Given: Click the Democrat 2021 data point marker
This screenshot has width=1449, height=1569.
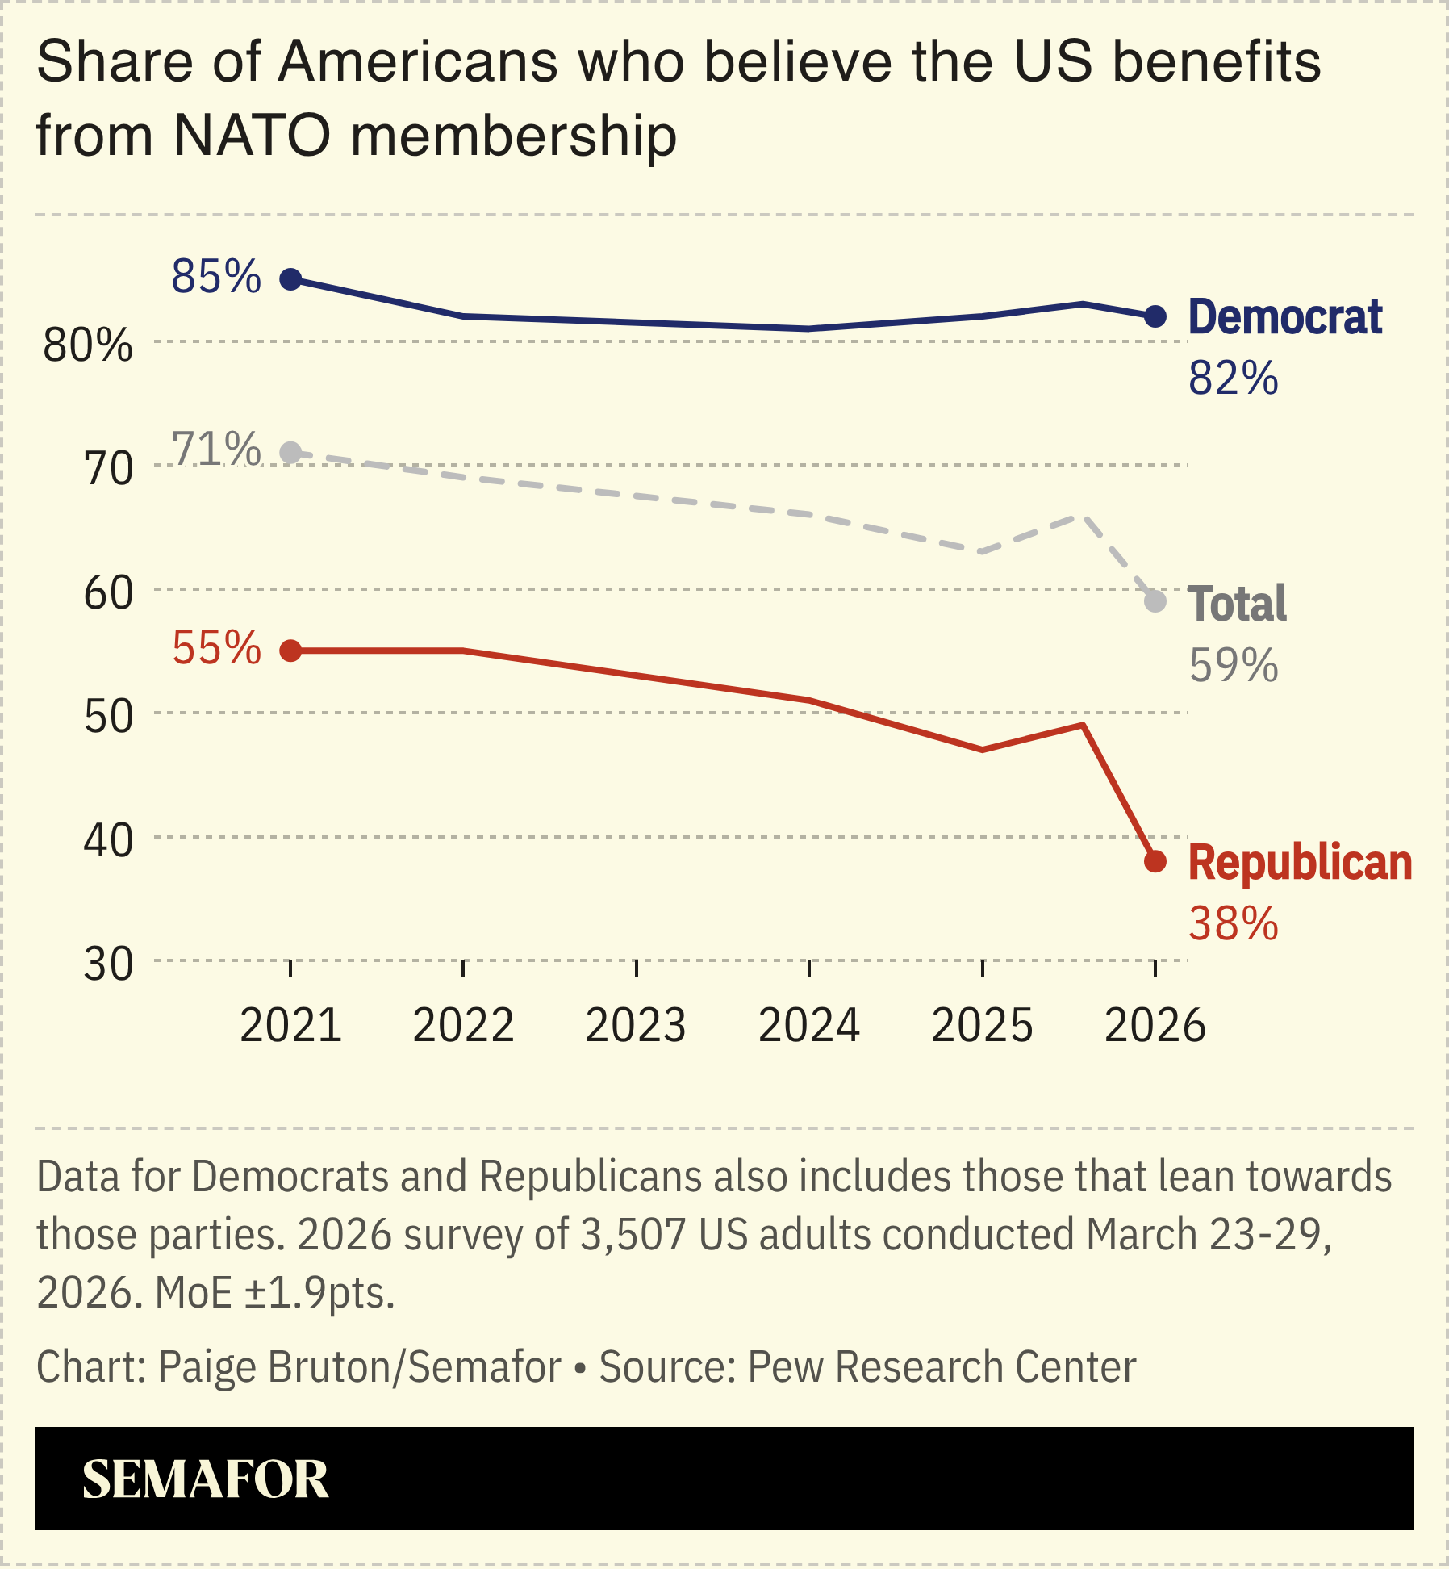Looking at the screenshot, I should (290, 279).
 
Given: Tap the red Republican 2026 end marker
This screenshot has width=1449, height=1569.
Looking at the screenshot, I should (1155, 861).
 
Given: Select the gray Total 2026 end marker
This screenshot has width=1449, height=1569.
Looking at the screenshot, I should (1155, 601).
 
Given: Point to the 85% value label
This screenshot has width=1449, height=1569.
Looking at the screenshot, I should (216, 277).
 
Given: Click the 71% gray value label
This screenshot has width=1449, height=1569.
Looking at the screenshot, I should (216, 450).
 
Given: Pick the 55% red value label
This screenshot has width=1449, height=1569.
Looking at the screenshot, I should (216, 648).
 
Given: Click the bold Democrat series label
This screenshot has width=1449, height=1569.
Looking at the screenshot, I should (1284, 317).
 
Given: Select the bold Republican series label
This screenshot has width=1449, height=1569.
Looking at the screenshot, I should (1300, 863).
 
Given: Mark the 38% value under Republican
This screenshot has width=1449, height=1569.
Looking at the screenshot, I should (1233, 924).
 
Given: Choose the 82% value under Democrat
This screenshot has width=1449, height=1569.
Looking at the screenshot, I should (1233, 378).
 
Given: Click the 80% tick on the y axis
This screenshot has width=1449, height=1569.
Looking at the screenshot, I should (87, 345).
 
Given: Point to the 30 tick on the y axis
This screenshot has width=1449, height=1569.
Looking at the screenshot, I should (108, 964).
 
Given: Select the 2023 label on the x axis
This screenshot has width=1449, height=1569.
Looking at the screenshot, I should (636, 1026).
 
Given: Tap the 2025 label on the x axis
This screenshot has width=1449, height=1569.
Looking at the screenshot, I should (982, 1026).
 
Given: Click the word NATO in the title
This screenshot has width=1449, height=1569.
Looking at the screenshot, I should (252, 135).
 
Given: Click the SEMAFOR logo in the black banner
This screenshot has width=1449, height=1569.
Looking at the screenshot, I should (205, 1479).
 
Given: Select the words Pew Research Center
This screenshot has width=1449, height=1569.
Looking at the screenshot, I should (942, 1367).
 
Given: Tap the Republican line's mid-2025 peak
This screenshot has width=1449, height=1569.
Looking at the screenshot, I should (1083, 725).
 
